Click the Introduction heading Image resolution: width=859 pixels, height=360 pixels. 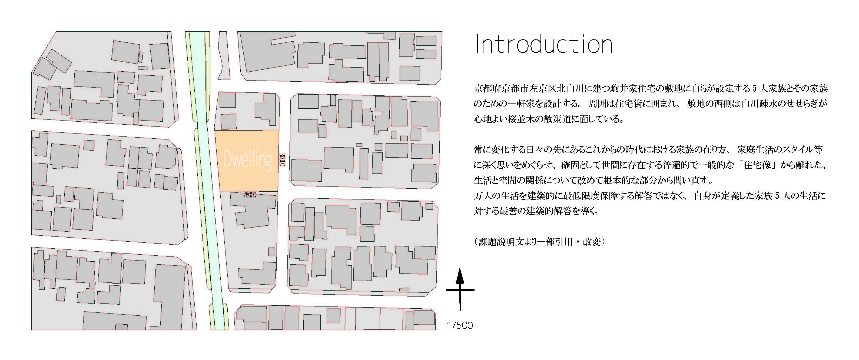click(543, 44)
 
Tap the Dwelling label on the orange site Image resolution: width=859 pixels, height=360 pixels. click(247, 159)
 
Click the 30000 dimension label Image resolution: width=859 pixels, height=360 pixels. click(283, 160)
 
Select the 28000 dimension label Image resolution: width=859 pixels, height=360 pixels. click(250, 195)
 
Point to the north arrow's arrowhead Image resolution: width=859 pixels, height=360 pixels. click(460, 276)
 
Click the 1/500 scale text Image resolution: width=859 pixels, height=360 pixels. click(460, 325)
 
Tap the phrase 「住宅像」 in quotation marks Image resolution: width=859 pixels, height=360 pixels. click(757, 165)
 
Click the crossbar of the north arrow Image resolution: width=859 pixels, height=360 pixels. click(460, 290)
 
